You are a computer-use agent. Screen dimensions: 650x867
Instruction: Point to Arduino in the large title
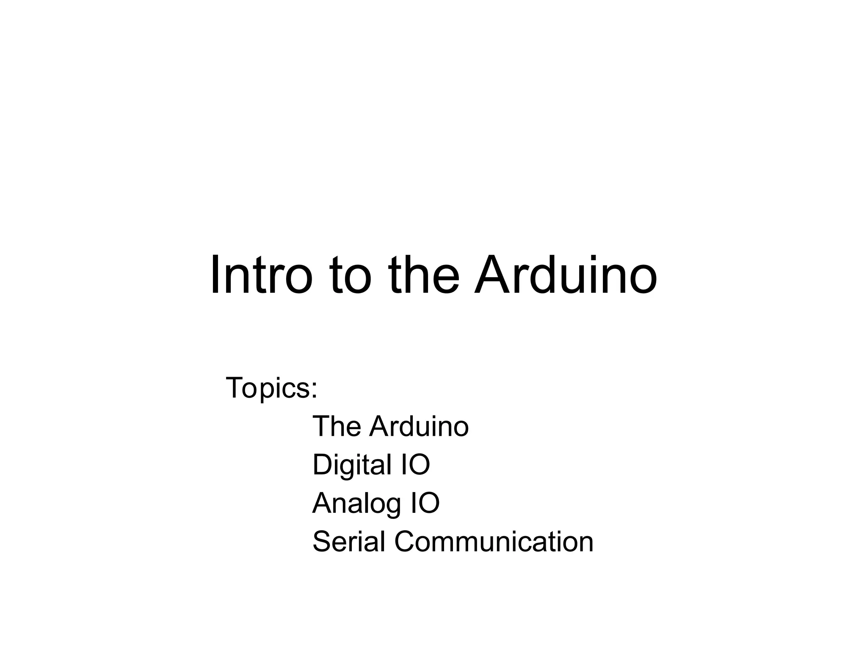click(566, 275)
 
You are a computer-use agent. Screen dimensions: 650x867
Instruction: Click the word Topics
click(268, 388)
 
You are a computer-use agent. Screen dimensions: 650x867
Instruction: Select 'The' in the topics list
click(337, 426)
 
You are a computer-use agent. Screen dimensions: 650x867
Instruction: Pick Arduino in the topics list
click(419, 426)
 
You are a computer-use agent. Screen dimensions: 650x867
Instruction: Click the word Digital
click(352, 465)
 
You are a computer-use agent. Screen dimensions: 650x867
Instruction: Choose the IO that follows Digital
click(414, 465)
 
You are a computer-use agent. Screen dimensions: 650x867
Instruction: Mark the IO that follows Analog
click(424, 503)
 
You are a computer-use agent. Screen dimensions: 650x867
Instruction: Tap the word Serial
click(349, 542)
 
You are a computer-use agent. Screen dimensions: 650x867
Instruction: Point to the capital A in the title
click(492, 275)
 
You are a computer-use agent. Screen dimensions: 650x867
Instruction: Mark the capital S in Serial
click(321, 542)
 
